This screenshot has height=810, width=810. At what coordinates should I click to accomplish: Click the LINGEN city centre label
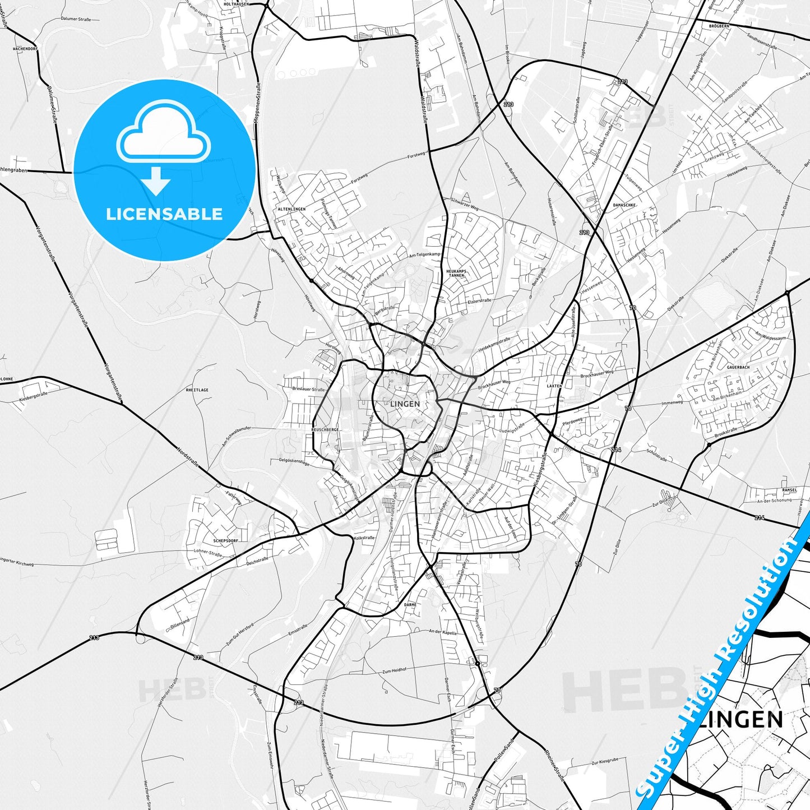click(x=404, y=404)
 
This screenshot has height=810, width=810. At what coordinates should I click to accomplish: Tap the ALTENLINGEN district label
click(x=292, y=209)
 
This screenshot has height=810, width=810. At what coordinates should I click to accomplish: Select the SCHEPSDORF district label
click(x=226, y=540)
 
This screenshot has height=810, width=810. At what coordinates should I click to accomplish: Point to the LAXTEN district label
click(x=554, y=386)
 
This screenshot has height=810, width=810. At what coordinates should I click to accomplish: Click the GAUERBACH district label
click(x=738, y=367)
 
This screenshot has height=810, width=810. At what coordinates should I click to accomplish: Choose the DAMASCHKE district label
click(x=624, y=205)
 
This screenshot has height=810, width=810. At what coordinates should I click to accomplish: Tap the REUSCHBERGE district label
click(x=325, y=429)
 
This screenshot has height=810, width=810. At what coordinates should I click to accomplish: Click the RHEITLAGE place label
click(x=197, y=390)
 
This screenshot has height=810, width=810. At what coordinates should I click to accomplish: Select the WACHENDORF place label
click(x=25, y=49)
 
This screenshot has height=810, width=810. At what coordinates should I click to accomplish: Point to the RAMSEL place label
click(x=789, y=490)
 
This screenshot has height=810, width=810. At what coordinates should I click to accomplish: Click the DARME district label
click(x=410, y=605)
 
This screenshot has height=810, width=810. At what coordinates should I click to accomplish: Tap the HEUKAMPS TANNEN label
click(x=456, y=273)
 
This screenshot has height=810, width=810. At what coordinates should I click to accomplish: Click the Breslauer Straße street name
click(x=308, y=389)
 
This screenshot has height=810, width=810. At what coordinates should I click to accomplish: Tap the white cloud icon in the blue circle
click(x=164, y=135)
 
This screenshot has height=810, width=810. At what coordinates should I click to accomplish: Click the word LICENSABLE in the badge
click(x=164, y=214)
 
